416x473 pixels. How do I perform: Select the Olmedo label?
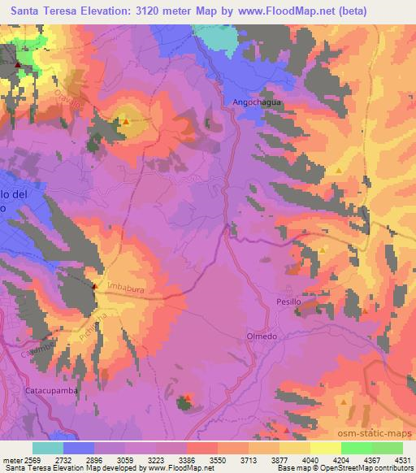(262, 336)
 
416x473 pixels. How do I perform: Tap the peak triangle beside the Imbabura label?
(94, 286)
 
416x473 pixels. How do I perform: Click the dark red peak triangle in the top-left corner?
(16, 64)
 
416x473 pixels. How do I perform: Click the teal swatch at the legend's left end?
(48, 448)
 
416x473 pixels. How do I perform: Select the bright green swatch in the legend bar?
(356, 448)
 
